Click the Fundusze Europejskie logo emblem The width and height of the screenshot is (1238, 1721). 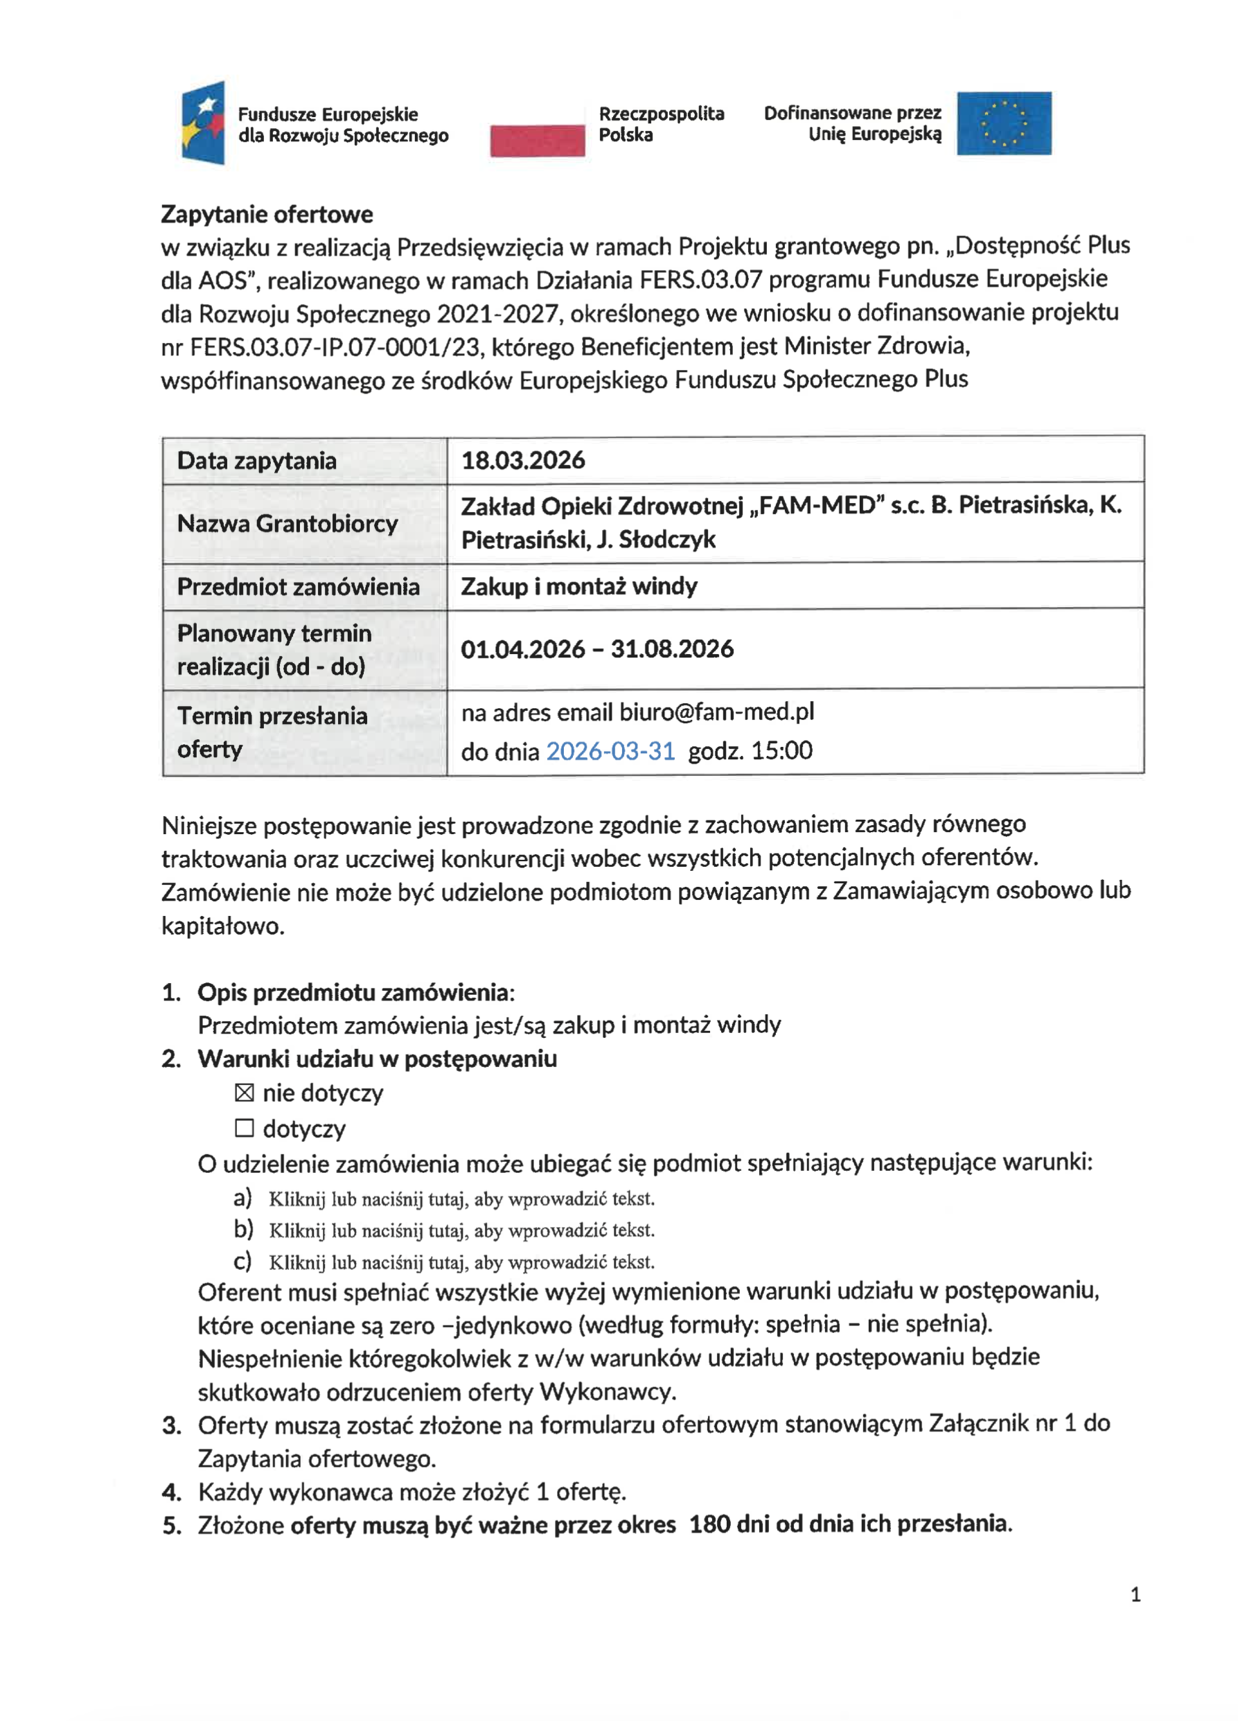coord(203,122)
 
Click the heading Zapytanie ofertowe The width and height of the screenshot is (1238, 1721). coord(267,215)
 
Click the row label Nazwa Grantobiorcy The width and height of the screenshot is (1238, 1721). coord(288,524)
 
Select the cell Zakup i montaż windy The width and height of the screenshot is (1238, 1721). coord(578,586)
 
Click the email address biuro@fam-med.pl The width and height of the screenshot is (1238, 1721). coord(716,712)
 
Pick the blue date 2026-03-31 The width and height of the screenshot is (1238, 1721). coord(610,750)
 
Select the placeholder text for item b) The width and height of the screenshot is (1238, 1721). coord(461,1230)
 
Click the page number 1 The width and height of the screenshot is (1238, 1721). coord(1135,1594)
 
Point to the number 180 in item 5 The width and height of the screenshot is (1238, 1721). coord(710,1524)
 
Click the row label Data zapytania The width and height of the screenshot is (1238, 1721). coord(256,461)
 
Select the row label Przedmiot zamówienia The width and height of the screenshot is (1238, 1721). coord(298,587)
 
